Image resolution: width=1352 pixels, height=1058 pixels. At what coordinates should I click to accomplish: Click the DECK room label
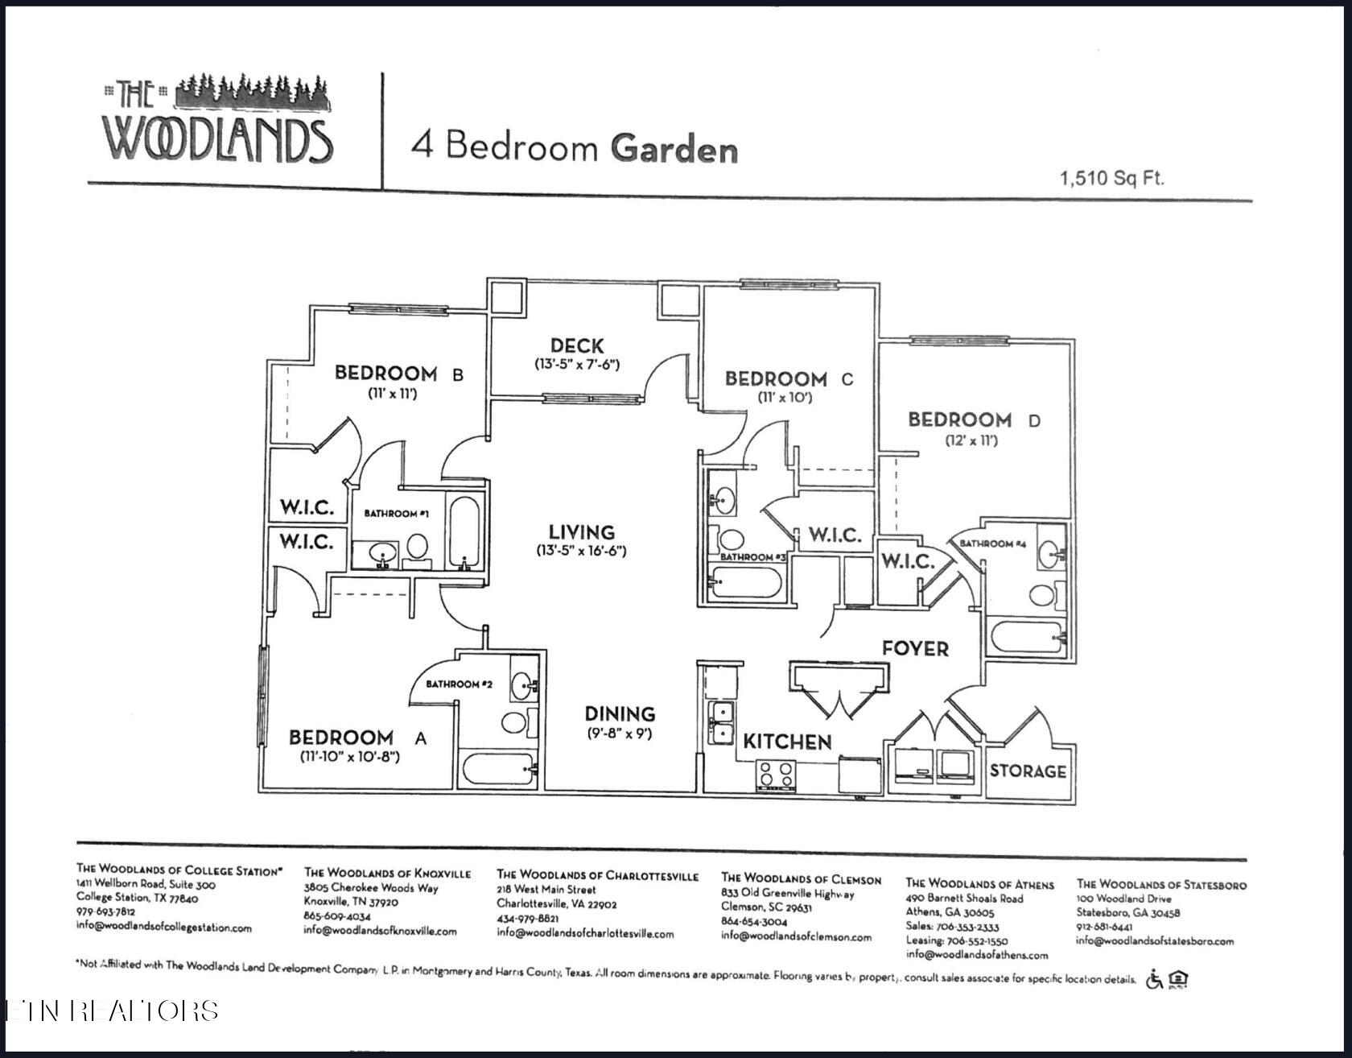(577, 346)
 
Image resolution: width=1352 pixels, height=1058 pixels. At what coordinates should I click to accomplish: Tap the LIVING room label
(581, 532)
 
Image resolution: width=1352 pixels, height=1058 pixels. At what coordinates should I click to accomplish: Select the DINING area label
(620, 714)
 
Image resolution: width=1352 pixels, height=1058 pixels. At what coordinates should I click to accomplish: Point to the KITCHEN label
(786, 742)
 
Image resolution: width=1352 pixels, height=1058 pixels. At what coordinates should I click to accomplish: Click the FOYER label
(915, 649)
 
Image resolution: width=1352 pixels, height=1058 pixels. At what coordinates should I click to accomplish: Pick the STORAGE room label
(1028, 771)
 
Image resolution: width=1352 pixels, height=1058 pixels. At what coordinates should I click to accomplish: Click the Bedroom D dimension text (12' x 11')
(971, 441)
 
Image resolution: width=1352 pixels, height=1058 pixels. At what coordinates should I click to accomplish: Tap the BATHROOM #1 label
(397, 514)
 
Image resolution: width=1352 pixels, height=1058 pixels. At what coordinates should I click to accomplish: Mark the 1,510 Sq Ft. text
(1112, 178)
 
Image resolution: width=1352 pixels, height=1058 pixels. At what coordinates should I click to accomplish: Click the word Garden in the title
(674, 150)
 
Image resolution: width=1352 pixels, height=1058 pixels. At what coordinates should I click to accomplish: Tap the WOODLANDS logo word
(217, 140)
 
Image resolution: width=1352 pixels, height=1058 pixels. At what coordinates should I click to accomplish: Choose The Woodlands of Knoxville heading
(387, 874)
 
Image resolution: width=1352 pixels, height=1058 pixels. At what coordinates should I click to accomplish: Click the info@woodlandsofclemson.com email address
(796, 936)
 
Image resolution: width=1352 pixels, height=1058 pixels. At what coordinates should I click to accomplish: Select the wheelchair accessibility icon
(1154, 980)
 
